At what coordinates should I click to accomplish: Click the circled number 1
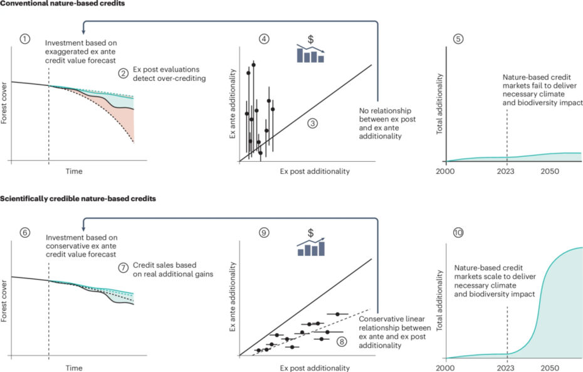point(24,39)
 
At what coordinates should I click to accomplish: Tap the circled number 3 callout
point(313,124)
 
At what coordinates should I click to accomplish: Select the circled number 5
point(458,39)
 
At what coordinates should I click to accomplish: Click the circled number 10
point(458,233)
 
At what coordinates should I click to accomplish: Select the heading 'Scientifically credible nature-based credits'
point(78,198)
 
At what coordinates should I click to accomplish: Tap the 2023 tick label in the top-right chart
point(506,171)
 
